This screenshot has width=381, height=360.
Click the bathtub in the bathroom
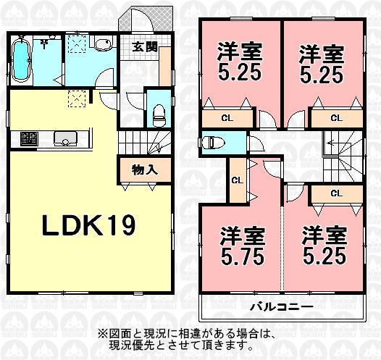coord(22,64)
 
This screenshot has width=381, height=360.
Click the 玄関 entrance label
coord(145,49)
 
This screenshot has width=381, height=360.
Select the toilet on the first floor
coord(157,112)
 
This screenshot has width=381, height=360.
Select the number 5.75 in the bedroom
coord(242,256)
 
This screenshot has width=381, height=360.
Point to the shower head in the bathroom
coord(45,43)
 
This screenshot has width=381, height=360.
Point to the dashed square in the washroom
coord(75,46)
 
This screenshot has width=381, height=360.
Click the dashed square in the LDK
coord(76,99)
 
